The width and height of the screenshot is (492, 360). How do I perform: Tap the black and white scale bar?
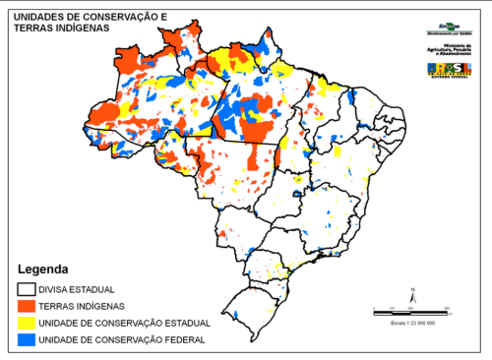(410, 312)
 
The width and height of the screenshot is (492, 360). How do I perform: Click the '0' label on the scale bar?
(375, 308)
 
